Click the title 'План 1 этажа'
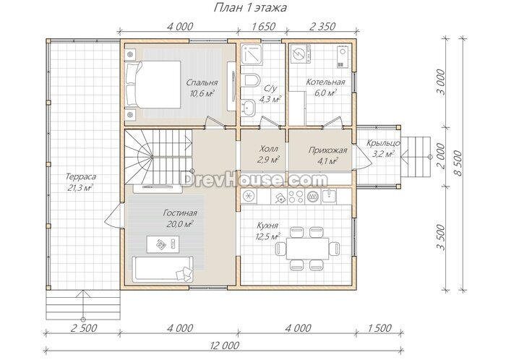[250, 7]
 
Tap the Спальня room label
[202, 82]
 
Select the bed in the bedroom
[153, 84]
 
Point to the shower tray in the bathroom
[252, 54]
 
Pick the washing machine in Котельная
[301, 53]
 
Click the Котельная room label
[325, 82]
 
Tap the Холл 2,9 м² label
[268, 154]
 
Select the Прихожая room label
[327, 150]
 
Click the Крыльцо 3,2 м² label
[383, 148]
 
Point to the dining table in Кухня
[307, 248]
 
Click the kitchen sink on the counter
[329, 195]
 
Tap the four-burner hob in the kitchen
[296, 196]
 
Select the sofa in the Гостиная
[163, 269]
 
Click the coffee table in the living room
[163, 244]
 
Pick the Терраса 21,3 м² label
[81, 182]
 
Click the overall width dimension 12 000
[225, 346]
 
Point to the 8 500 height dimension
[458, 163]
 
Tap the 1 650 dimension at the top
[263, 26]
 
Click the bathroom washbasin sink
[249, 106]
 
